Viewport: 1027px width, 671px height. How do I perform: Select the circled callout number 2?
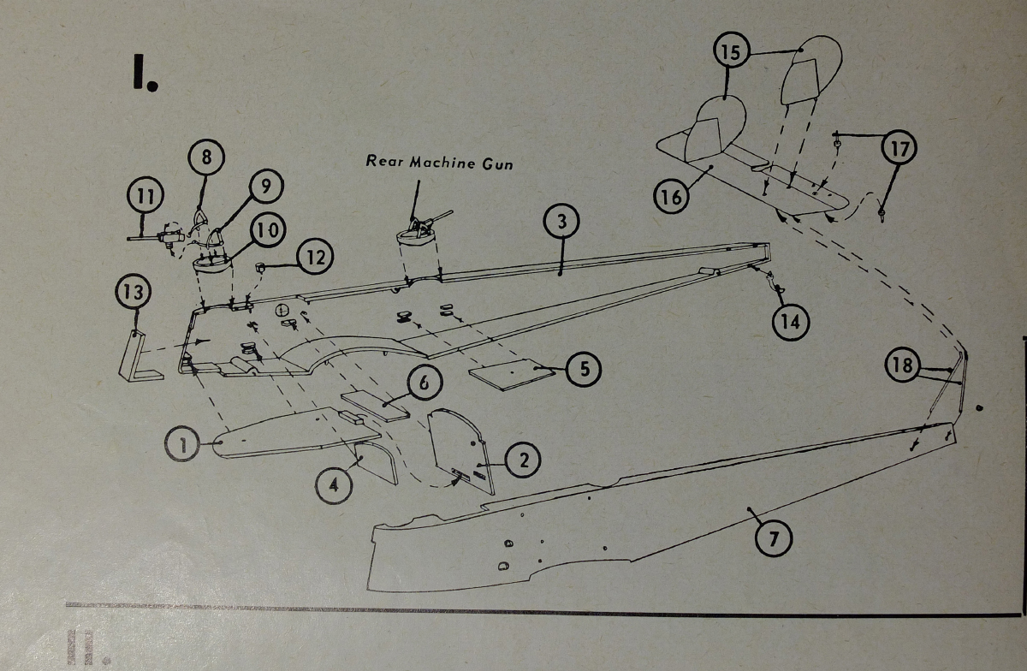(523, 461)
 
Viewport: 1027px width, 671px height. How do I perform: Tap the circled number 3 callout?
(561, 223)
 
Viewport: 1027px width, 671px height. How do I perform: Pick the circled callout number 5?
(585, 369)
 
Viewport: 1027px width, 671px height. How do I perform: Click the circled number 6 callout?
(424, 383)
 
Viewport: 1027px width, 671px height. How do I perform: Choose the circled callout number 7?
(775, 537)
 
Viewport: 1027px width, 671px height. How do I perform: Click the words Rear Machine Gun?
(439, 162)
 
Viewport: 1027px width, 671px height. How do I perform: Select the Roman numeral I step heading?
(141, 74)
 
